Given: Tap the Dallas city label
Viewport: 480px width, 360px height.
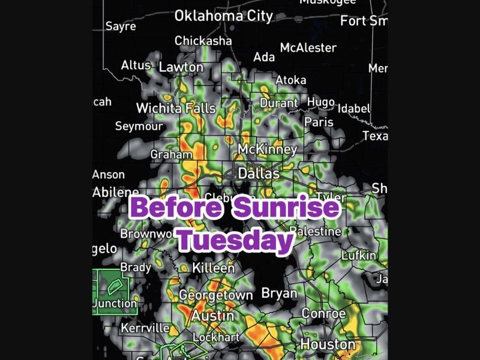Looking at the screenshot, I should (259, 173).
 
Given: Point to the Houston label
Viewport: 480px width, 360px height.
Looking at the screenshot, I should (328, 344).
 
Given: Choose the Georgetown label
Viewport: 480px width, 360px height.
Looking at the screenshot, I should (216, 295).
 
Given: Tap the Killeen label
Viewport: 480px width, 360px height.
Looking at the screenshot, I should (213, 268).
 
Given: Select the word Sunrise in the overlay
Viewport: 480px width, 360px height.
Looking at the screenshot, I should (286, 208).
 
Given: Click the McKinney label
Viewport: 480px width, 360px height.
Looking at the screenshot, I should (268, 149).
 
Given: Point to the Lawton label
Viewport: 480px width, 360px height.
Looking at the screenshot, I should (181, 67).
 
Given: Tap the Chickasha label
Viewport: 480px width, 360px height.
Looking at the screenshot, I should (203, 41).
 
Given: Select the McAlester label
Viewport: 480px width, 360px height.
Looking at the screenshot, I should (308, 47).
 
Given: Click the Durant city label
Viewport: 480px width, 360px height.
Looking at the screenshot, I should (278, 103).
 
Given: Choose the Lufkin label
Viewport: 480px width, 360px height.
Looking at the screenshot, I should (359, 256).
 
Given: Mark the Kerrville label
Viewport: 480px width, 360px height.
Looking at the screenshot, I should (145, 328).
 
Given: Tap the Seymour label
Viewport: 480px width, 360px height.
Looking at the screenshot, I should (139, 127).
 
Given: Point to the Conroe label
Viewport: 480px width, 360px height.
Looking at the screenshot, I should (323, 314).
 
